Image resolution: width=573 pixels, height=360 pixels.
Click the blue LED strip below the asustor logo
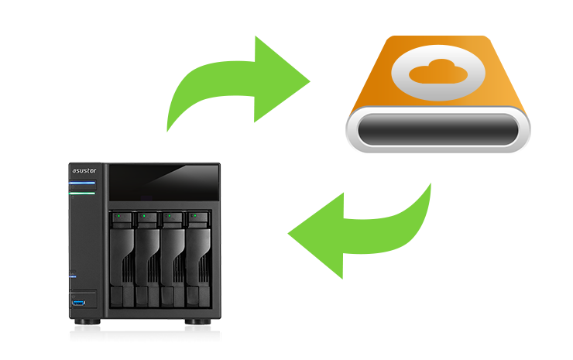(83, 183)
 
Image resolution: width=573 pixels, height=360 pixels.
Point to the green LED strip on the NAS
(83, 194)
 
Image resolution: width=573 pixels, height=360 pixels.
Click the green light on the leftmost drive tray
(118, 216)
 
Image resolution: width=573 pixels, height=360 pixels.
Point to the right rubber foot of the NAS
(190, 324)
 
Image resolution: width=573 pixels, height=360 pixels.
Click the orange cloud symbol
(438, 74)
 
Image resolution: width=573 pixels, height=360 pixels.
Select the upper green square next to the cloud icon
(241, 84)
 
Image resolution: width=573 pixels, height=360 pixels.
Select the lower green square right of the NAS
(365, 231)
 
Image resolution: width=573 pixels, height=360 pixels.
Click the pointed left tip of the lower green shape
(290, 233)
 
